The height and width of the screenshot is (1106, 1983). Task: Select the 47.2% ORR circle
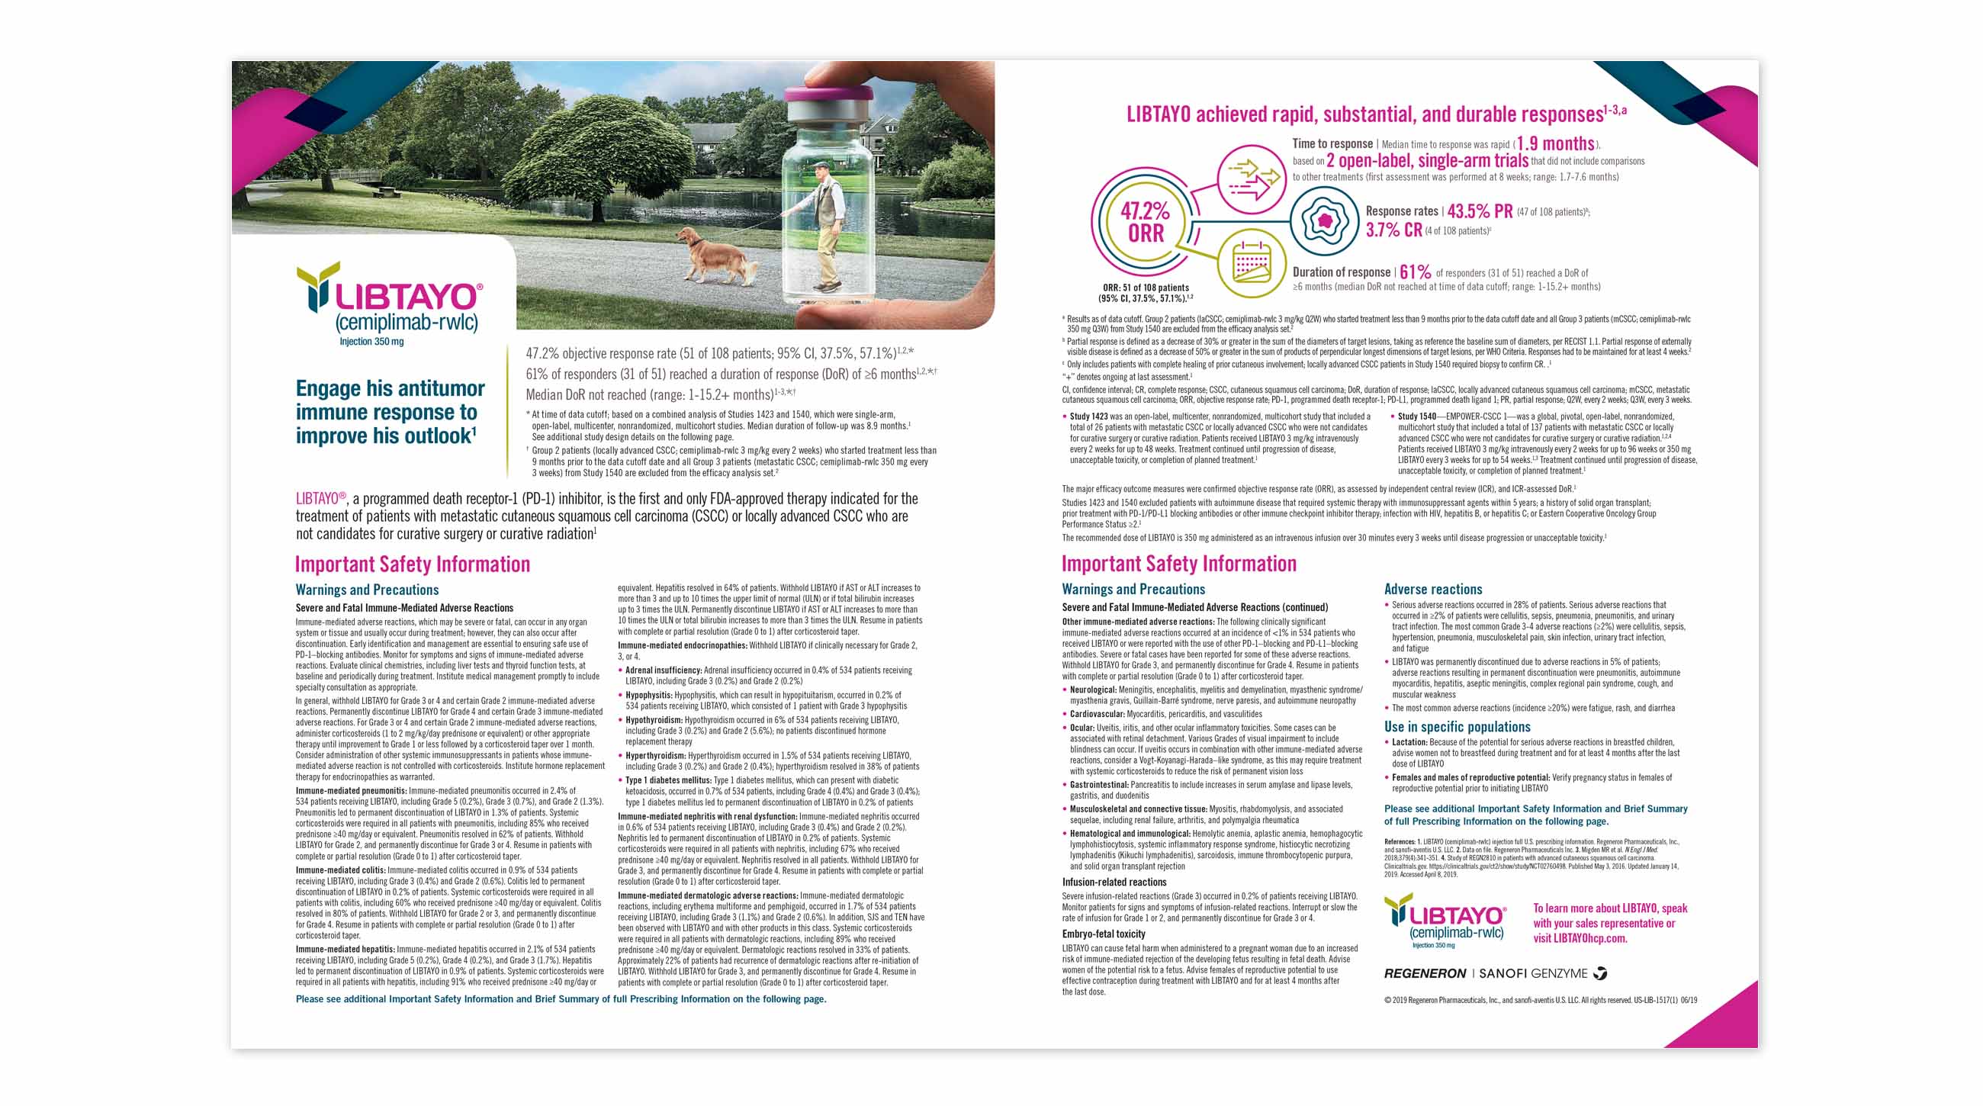(1145, 223)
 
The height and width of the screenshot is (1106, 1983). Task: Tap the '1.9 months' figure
(1555, 144)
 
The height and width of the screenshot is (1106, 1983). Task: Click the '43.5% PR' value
(1480, 211)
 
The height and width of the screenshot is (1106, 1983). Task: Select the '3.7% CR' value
(1393, 230)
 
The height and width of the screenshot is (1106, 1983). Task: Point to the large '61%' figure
(1415, 272)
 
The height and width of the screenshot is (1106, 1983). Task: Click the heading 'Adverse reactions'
(1432, 590)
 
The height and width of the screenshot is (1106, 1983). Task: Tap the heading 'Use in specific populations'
(1457, 727)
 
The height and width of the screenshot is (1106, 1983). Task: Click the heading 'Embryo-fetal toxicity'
(1103, 934)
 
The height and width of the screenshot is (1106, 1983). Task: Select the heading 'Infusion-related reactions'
(1114, 882)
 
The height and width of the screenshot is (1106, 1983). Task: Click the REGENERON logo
(1424, 973)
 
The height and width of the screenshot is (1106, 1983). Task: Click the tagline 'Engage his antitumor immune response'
(390, 412)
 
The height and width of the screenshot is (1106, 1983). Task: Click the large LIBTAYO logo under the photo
(391, 301)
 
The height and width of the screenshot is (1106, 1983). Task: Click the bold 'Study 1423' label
(1088, 416)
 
